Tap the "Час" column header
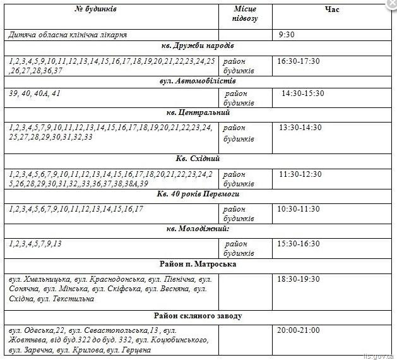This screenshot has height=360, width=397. coord(333,9)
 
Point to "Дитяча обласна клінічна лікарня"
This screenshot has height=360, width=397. coord(68,35)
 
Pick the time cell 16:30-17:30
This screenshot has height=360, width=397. coord(299,61)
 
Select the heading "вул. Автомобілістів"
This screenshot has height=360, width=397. coord(198,81)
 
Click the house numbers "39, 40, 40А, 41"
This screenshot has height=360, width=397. coord(35,93)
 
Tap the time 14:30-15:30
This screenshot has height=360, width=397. coord(302,93)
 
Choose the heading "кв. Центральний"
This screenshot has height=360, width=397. coord(198,112)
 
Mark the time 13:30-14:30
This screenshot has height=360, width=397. coord(300,127)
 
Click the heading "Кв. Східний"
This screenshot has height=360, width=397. coord(198,159)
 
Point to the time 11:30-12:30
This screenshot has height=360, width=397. coord(300,174)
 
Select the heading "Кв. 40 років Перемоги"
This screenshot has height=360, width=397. coord(198,194)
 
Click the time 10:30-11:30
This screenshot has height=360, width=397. coord(300,208)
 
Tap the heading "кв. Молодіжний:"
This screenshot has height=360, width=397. coord(198,228)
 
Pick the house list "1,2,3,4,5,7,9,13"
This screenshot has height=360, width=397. coord(36,243)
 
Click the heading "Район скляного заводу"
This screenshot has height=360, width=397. coord(198,315)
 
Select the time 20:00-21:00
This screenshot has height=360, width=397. coord(299,330)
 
